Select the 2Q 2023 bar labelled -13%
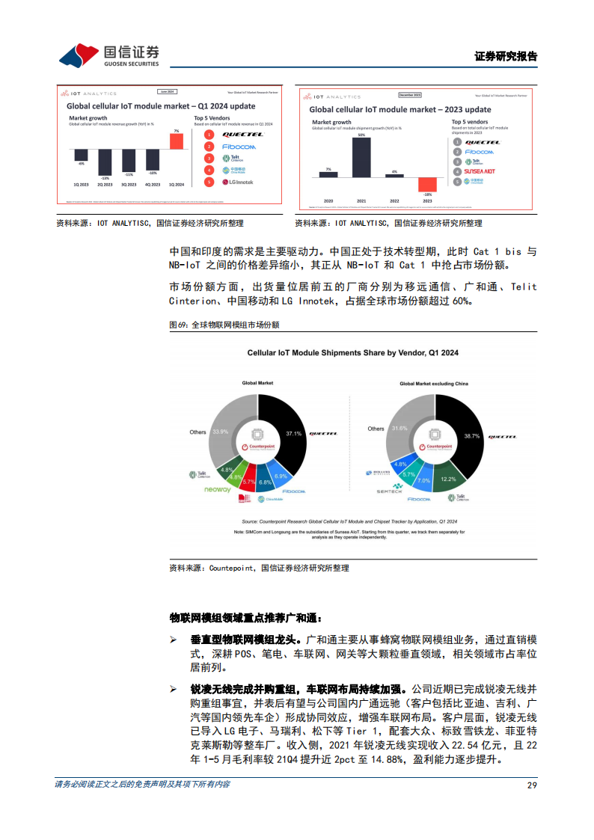(105, 162)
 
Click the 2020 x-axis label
(328, 201)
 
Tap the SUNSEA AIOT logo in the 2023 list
(480, 171)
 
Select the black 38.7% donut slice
(464, 434)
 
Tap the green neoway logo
(218, 490)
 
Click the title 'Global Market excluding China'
(433, 384)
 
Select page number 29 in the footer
(532, 785)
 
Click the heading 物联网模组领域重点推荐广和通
(246, 618)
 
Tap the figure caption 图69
(224, 325)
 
